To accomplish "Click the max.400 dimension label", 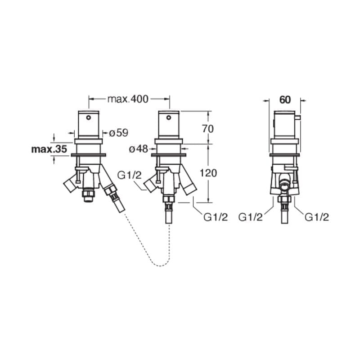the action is coord(128,99).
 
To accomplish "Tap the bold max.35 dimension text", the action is coord(49,149).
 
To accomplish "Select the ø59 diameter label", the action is coord(118,133).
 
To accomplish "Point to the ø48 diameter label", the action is coord(139,149).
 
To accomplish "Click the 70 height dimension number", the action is coord(208,129).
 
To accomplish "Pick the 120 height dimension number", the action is coord(208,173).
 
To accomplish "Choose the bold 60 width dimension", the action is coord(285,99).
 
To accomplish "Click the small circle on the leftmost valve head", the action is coord(88,118).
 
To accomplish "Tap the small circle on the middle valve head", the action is coord(168,118).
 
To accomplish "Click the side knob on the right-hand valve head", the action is coord(297,118).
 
